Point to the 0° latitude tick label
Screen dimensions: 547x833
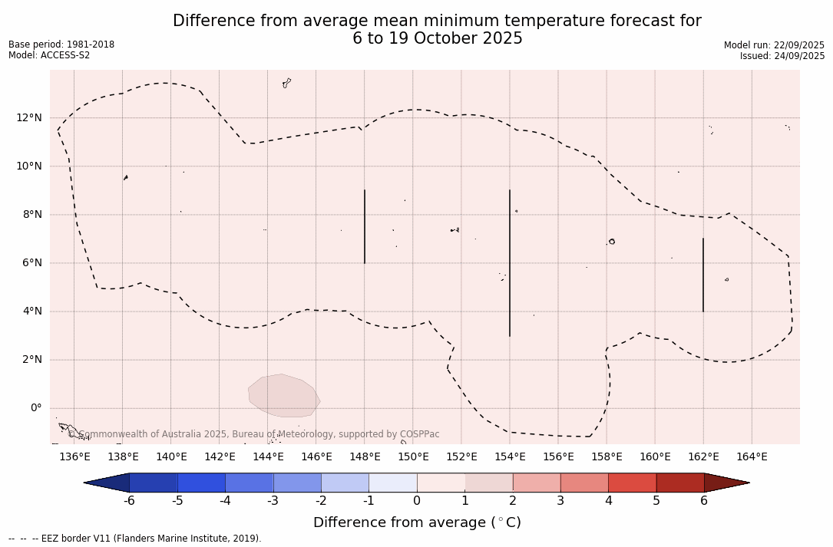pyautogui.click(x=35, y=408)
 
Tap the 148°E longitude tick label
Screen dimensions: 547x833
pyautogui.click(x=365, y=457)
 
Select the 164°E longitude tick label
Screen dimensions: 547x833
pyautogui.click(x=752, y=457)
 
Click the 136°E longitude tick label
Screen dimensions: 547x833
pyautogui.click(x=74, y=457)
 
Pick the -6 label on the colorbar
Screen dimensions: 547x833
pyautogui.click(x=129, y=501)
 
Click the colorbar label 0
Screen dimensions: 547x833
pyautogui.click(x=417, y=501)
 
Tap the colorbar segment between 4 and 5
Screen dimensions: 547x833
pyautogui.click(x=632, y=483)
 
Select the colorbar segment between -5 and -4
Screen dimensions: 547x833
pyautogui.click(x=201, y=483)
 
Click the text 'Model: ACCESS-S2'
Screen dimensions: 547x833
pyautogui.click(x=49, y=55)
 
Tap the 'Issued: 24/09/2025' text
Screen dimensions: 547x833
pyautogui.click(x=782, y=56)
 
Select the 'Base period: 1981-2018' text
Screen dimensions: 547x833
pyautogui.click(x=61, y=44)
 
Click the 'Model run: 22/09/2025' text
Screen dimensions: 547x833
pyautogui.click(x=774, y=45)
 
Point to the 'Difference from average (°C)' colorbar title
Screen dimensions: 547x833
pyautogui.click(x=417, y=522)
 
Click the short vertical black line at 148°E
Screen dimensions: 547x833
pyautogui.click(x=365, y=226)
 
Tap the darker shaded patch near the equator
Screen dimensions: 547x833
pyautogui.click(x=283, y=396)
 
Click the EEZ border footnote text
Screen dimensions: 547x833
pyautogui.click(x=135, y=539)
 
